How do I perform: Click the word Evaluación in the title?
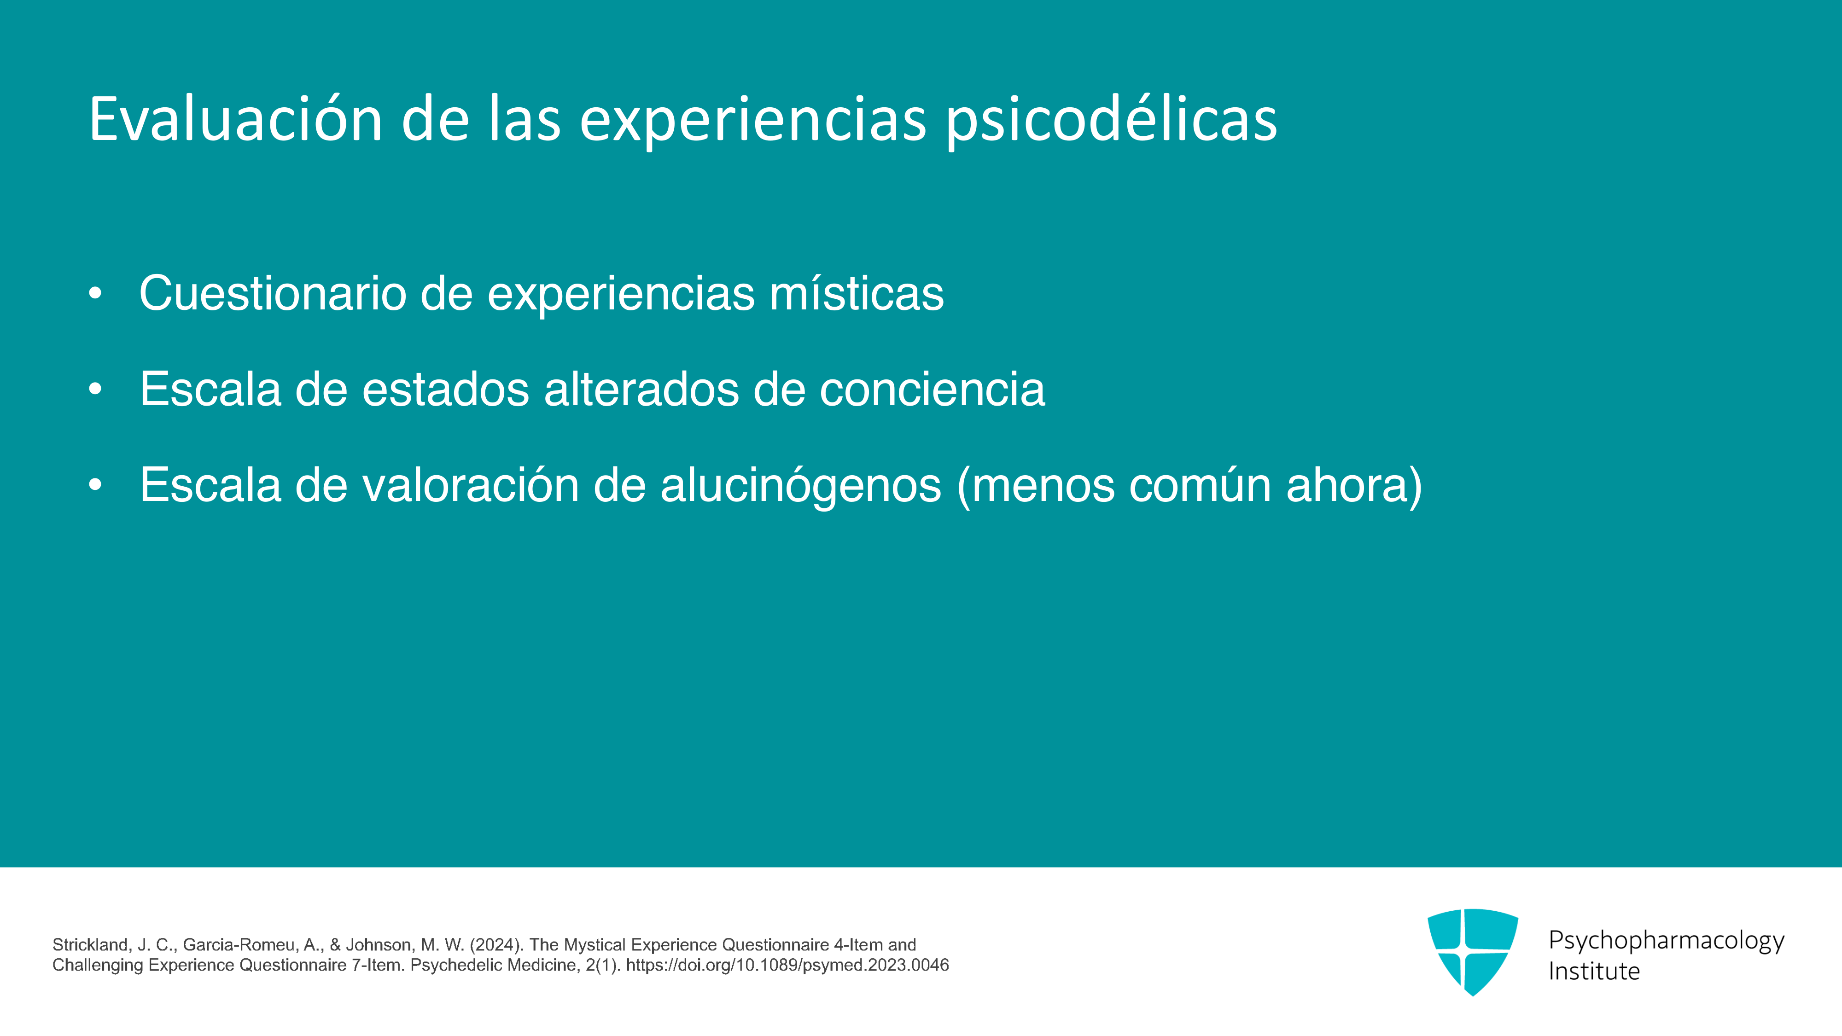(x=236, y=119)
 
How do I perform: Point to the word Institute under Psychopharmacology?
(x=1594, y=971)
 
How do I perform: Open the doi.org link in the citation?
(x=787, y=965)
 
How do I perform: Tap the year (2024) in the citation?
(x=497, y=945)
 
